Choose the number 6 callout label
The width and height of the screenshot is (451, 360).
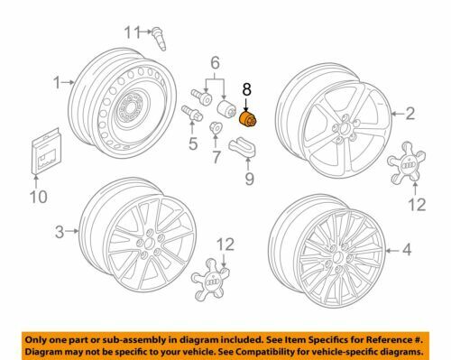[x=216, y=64]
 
